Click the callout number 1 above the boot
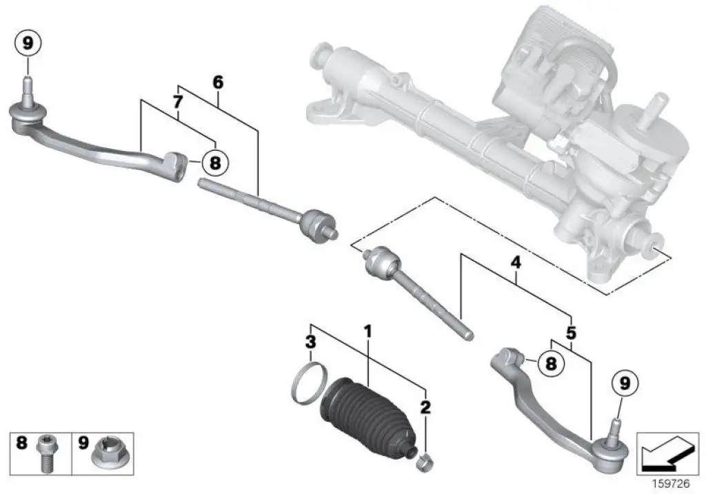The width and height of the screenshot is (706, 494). point(368,332)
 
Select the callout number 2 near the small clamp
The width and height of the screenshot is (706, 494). point(425,407)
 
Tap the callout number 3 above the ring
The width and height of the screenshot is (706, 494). point(311,341)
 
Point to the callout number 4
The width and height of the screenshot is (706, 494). point(515,263)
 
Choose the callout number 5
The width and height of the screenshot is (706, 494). point(571,333)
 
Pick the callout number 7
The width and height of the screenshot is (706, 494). point(177,102)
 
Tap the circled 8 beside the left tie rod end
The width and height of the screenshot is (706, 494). point(214,163)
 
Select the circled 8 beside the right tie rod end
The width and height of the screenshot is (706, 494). point(550,362)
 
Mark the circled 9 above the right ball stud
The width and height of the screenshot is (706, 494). point(624,382)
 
